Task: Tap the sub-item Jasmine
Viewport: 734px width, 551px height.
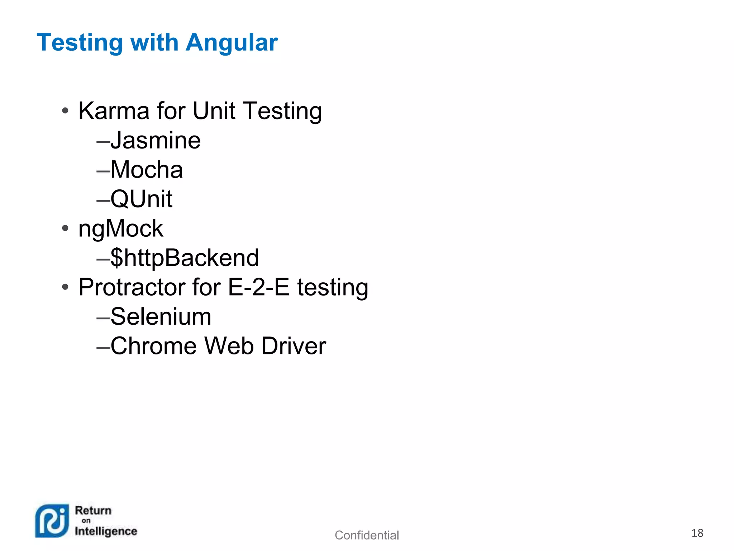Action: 156,140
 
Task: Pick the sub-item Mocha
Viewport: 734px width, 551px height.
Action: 147,170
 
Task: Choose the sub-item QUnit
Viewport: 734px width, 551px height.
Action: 142,199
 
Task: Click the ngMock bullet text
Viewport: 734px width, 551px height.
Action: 121,229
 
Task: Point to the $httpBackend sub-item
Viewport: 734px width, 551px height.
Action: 184,258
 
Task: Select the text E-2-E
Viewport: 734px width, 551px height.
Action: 258,287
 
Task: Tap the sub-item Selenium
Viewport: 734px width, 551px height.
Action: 161,317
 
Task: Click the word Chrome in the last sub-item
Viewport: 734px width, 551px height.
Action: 154,346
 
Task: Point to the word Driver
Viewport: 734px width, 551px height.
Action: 294,346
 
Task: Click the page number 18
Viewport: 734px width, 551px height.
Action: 697,533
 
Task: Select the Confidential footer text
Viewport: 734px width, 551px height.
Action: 367,535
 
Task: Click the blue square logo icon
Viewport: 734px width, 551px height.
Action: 52,521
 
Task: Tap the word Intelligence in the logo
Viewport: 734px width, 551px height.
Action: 106,531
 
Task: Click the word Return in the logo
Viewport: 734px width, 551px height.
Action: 93,510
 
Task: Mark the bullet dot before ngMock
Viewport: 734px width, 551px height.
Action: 65,228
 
